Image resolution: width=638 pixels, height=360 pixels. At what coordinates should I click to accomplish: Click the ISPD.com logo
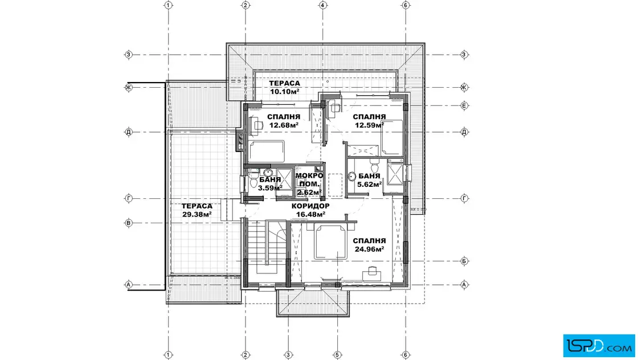[599, 346]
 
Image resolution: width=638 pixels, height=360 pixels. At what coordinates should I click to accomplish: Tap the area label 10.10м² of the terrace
[284, 92]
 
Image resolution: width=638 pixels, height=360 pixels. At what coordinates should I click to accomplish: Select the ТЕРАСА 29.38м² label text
[197, 210]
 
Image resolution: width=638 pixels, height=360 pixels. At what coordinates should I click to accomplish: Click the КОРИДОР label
[310, 206]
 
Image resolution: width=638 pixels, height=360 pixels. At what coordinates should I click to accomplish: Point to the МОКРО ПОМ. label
[309, 179]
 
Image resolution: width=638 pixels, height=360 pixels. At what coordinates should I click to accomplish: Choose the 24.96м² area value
[370, 249]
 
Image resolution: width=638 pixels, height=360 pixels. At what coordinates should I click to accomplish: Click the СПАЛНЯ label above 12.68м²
[284, 117]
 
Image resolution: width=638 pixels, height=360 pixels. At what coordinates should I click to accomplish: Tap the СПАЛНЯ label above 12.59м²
[369, 117]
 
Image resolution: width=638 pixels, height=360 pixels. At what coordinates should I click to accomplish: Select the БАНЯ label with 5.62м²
[369, 176]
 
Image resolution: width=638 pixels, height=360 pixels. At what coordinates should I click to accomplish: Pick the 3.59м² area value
[270, 188]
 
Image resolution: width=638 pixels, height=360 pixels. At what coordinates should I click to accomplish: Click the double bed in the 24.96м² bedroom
[331, 243]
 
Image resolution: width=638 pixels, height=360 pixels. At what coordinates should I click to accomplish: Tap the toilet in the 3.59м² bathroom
[253, 181]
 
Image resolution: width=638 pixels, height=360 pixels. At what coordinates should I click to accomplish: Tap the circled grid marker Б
[464, 261]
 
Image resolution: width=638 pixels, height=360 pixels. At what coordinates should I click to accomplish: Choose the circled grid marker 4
[323, 5]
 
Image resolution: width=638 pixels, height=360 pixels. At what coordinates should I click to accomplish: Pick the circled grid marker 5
[337, 355]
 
